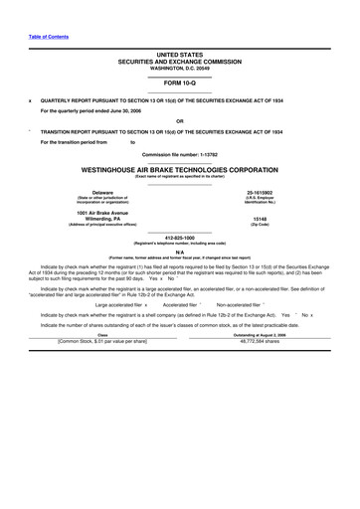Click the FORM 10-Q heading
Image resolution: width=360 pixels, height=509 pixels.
[x=179, y=83]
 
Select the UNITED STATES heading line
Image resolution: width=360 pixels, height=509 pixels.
[x=179, y=55]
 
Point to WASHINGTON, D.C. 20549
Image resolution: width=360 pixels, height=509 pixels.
[x=179, y=67]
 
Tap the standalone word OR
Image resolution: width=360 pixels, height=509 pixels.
[x=179, y=121]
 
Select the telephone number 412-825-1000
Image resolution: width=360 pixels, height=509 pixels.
[x=179, y=237]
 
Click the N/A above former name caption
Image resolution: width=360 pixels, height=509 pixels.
[x=179, y=251]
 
